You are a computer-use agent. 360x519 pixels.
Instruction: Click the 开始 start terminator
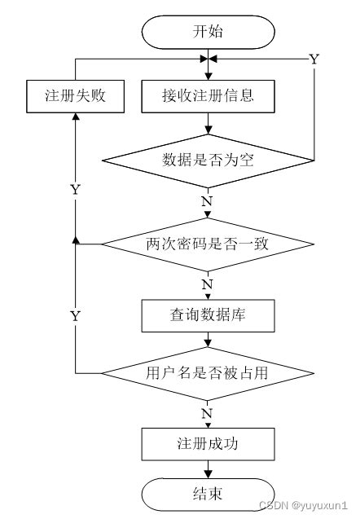207,33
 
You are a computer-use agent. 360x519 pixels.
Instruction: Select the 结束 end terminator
207,493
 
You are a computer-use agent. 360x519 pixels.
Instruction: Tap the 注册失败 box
75,95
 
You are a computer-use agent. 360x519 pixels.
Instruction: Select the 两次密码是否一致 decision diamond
207,243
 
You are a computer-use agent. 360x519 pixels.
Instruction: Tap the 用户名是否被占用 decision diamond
207,372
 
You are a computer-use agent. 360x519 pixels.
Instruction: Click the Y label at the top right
314,59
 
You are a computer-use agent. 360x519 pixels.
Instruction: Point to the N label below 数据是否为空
207,200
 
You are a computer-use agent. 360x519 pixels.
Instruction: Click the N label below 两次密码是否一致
207,284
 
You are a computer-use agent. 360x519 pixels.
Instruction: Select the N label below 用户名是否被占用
207,414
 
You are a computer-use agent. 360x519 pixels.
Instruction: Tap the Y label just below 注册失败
75,189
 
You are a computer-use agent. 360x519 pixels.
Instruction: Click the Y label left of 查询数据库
75,315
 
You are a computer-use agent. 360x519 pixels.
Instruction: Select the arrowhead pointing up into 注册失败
75,116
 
